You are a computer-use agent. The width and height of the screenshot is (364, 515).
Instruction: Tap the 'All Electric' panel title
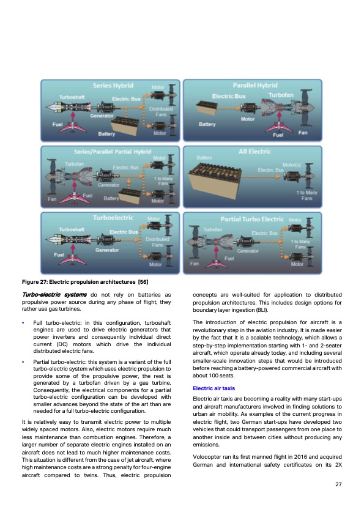(x=255, y=150)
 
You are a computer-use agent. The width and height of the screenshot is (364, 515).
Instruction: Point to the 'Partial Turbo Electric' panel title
(x=252, y=219)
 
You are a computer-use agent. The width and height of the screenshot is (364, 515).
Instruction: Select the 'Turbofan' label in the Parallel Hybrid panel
(x=281, y=95)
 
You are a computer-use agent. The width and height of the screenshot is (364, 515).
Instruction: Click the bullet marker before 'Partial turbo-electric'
(x=23, y=362)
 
